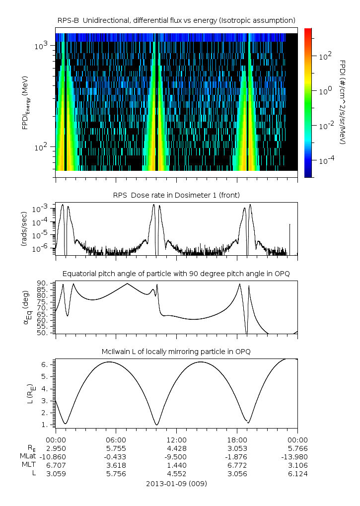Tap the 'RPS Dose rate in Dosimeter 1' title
[x=176, y=195]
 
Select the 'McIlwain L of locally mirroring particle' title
[x=176, y=352]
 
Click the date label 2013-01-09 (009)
[x=176, y=483]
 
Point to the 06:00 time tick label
[x=116, y=439]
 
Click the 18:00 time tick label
[x=237, y=439]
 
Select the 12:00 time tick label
[x=176, y=439]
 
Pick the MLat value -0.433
[x=116, y=456]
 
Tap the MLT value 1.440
[x=176, y=465]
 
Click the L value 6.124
[x=297, y=474]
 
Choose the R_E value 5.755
[x=116, y=448]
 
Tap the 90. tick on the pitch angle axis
[x=44, y=283]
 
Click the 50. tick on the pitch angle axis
[x=44, y=333]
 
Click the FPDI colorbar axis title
[x=343, y=102]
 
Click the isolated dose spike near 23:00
[x=290, y=238]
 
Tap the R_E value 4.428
[x=176, y=448]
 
